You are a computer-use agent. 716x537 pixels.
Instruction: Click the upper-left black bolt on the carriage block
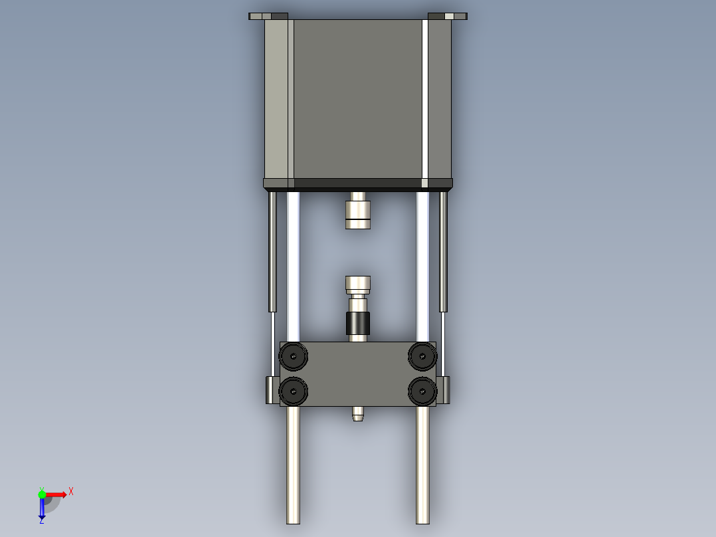point(293,357)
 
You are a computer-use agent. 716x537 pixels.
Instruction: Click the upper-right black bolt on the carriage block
point(422,357)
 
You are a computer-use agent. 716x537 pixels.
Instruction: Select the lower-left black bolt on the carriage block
point(293,391)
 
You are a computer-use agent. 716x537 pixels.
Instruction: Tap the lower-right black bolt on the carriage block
point(422,391)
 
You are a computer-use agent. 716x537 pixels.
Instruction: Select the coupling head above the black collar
point(358,284)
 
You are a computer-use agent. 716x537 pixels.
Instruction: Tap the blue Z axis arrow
point(42,510)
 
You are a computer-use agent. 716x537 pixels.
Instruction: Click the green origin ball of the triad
point(42,494)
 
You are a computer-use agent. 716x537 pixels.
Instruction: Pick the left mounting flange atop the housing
point(268,16)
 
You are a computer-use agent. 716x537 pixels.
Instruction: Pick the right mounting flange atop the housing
point(448,16)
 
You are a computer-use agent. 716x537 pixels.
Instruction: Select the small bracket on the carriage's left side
point(272,389)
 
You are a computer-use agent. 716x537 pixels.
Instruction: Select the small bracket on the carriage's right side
point(443,389)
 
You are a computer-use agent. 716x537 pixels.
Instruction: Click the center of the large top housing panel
point(358,98)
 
